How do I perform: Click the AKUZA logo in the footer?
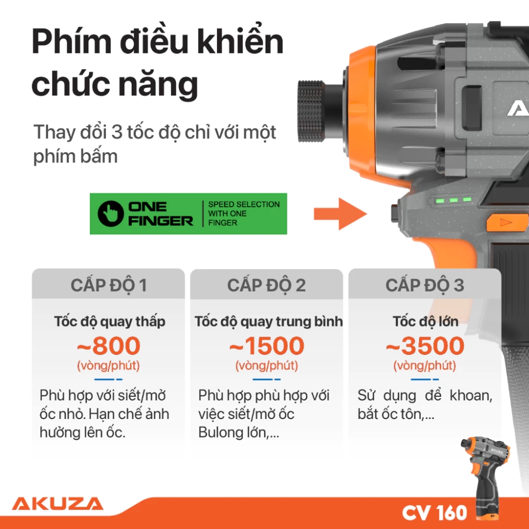[x=57, y=503]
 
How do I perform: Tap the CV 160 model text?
[x=434, y=512]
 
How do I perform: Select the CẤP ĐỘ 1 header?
[x=108, y=285]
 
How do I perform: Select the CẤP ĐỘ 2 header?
[x=267, y=285]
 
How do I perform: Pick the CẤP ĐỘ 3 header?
[x=424, y=285]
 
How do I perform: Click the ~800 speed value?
[x=108, y=346]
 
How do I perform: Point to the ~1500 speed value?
[x=267, y=346]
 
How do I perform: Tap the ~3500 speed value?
[x=424, y=346]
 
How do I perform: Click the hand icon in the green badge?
[x=111, y=213]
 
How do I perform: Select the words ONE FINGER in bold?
[x=160, y=214]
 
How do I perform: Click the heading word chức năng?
[x=114, y=84]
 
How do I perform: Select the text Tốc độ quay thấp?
[x=110, y=321]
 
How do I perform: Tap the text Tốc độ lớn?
[x=425, y=321]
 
